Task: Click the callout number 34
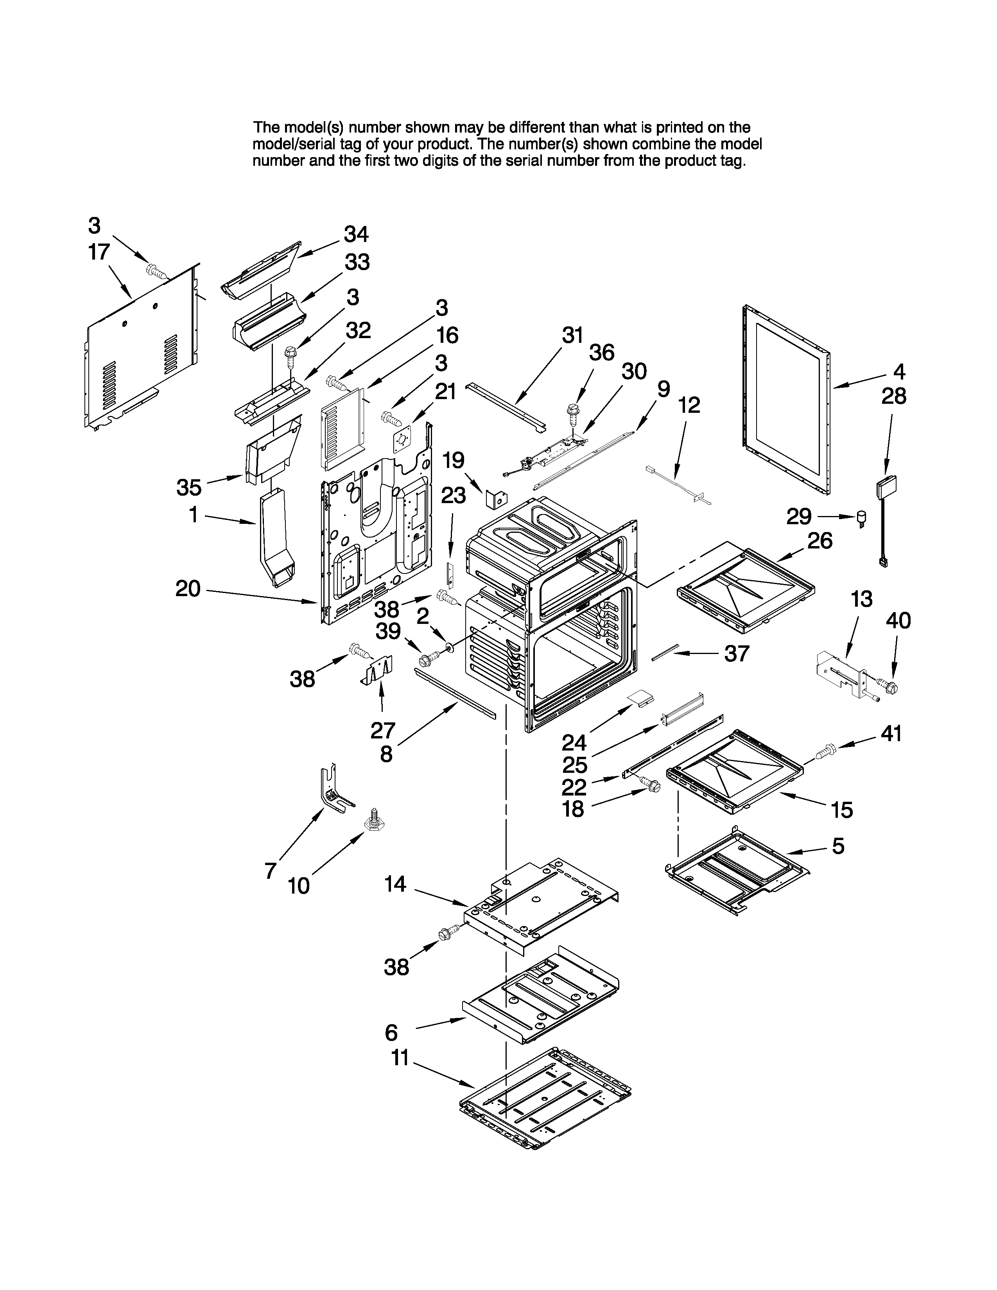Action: click(356, 235)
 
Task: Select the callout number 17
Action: click(99, 252)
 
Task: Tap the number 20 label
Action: click(188, 588)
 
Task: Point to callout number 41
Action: click(891, 734)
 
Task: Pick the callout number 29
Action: click(798, 517)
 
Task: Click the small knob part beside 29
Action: click(863, 519)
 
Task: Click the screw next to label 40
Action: click(889, 687)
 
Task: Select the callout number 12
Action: click(689, 405)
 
